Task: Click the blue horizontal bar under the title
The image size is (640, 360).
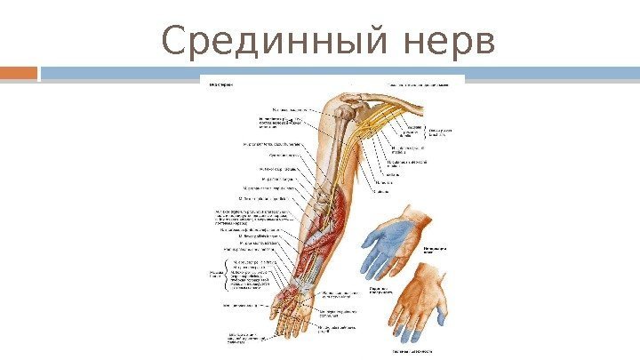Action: click(338, 72)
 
